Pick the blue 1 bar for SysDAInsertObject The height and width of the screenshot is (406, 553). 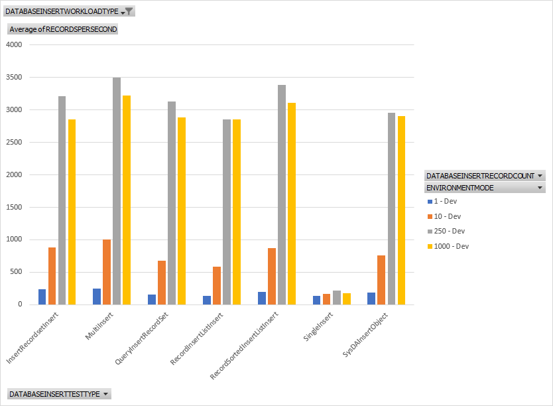pyautogui.click(x=371, y=299)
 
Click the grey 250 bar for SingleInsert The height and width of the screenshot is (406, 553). pyautogui.click(x=336, y=298)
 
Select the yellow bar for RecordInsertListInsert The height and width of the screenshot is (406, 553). pyautogui.click(x=237, y=212)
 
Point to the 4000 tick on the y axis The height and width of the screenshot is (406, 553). pyautogui.click(x=14, y=45)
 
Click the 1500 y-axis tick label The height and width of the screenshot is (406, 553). pyautogui.click(x=14, y=207)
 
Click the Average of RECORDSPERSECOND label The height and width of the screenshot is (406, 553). pyautogui.click(x=63, y=29)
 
